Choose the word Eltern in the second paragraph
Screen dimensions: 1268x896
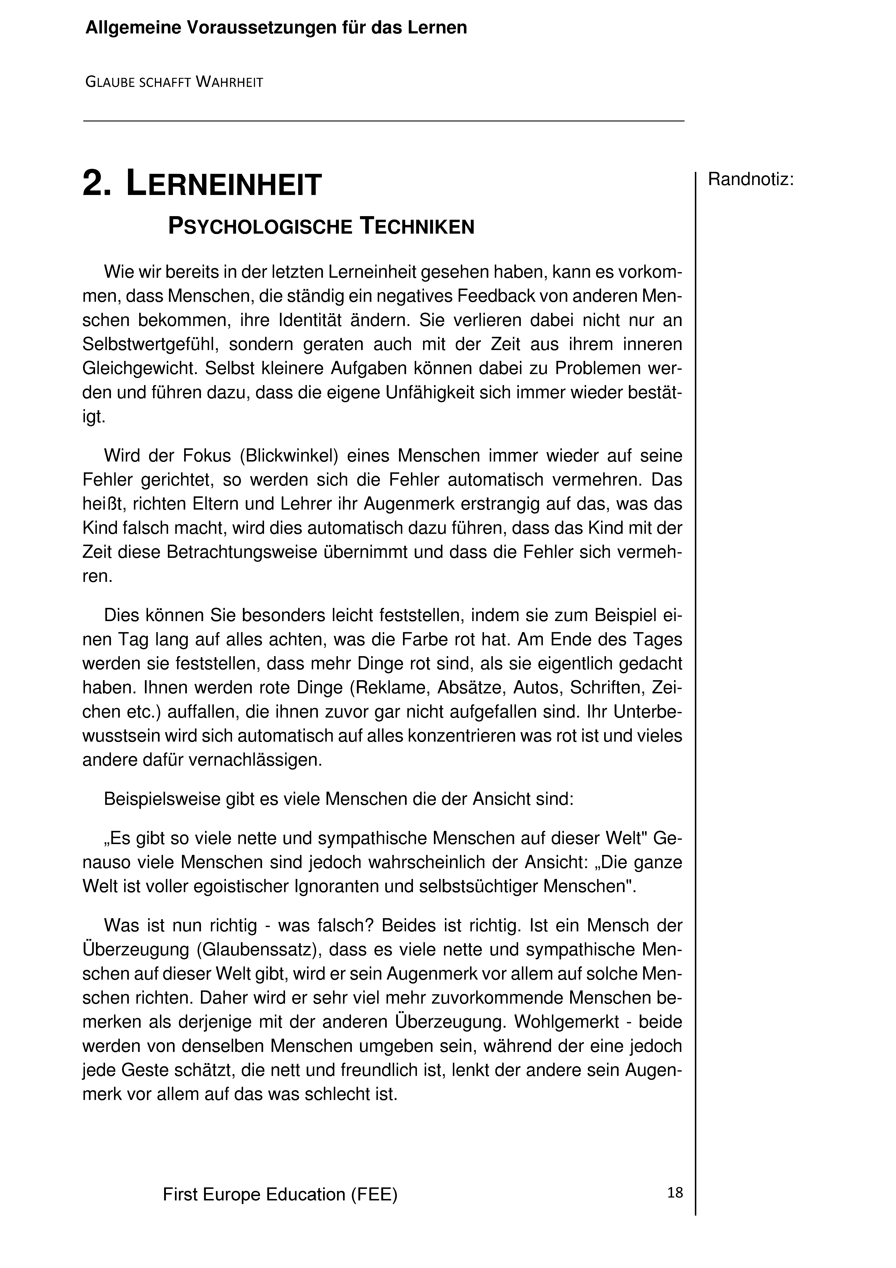[x=216, y=504]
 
